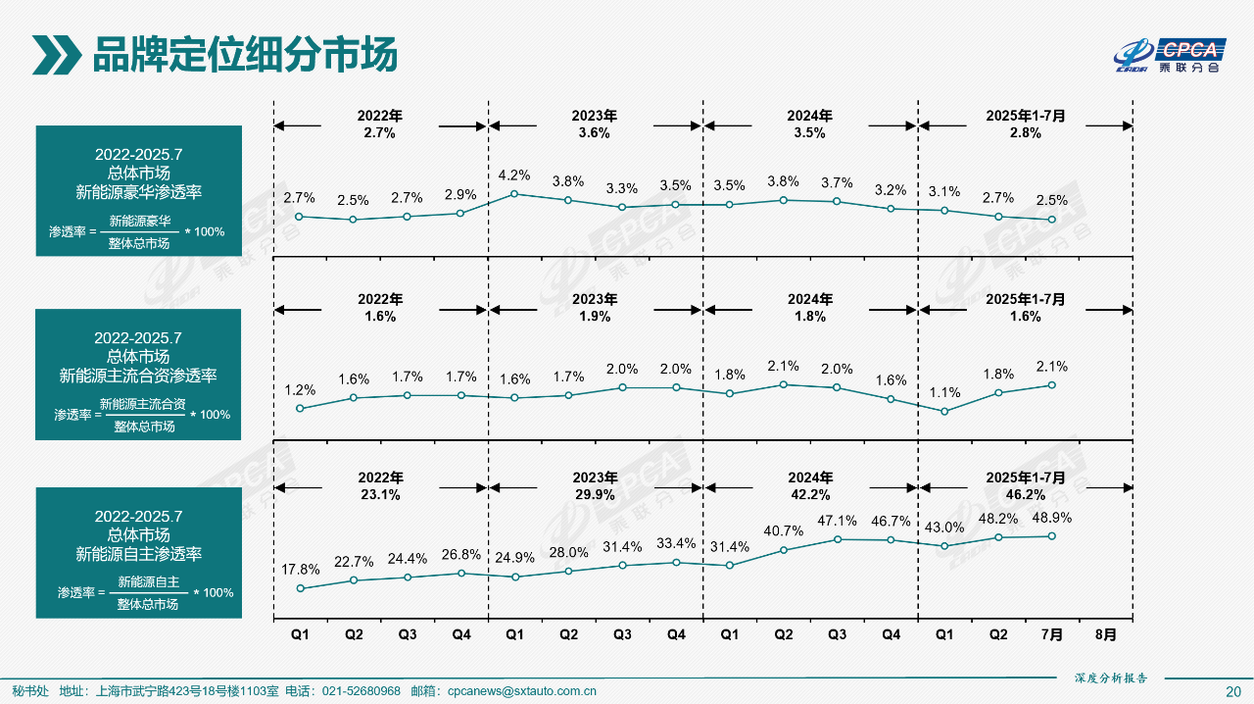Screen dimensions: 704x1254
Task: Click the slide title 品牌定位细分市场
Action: pyautogui.click(x=244, y=55)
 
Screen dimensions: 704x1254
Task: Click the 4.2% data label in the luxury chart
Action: pyautogui.click(x=514, y=176)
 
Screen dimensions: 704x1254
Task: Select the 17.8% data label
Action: pyautogui.click(x=301, y=570)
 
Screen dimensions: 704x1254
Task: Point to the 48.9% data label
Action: pyautogui.click(x=1051, y=517)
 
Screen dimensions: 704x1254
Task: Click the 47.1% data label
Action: pyautogui.click(x=837, y=521)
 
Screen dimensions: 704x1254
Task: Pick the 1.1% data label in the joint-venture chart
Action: pyautogui.click(x=944, y=392)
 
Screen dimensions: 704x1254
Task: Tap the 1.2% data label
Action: pyautogui.click(x=301, y=389)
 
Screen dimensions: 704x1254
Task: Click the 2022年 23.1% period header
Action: pyautogui.click(x=380, y=485)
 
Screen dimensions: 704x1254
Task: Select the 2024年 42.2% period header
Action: pyautogui.click(x=810, y=485)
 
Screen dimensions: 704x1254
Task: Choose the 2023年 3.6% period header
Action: pyautogui.click(x=595, y=124)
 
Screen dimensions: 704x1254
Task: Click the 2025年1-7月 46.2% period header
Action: pyautogui.click(x=1025, y=485)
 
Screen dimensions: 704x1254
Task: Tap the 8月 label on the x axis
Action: pyautogui.click(x=1105, y=634)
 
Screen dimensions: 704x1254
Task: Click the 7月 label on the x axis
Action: pyautogui.click(x=1051, y=634)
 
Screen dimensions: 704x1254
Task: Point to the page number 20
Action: pyautogui.click(x=1233, y=691)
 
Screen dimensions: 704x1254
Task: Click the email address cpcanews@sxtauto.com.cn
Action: pyautogui.click(x=521, y=691)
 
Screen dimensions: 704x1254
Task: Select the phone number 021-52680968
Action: pyautogui.click(x=362, y=691)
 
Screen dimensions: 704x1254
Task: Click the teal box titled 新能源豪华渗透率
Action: pyautogui.click(x=138, y=191)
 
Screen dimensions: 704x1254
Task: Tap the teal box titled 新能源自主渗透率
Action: pyautogui.click(x=138, y=553)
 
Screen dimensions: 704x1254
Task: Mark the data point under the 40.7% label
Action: pyautogui.click(x=783, y=550)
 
